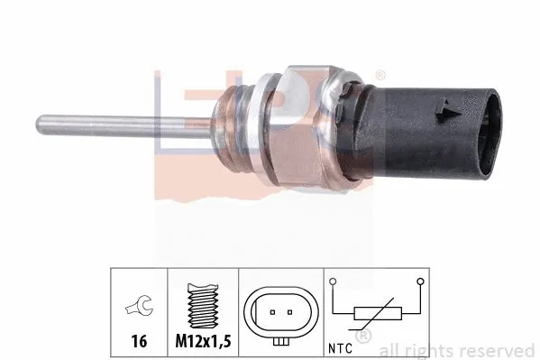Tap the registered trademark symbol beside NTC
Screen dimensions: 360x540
click(x=362, y=337)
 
